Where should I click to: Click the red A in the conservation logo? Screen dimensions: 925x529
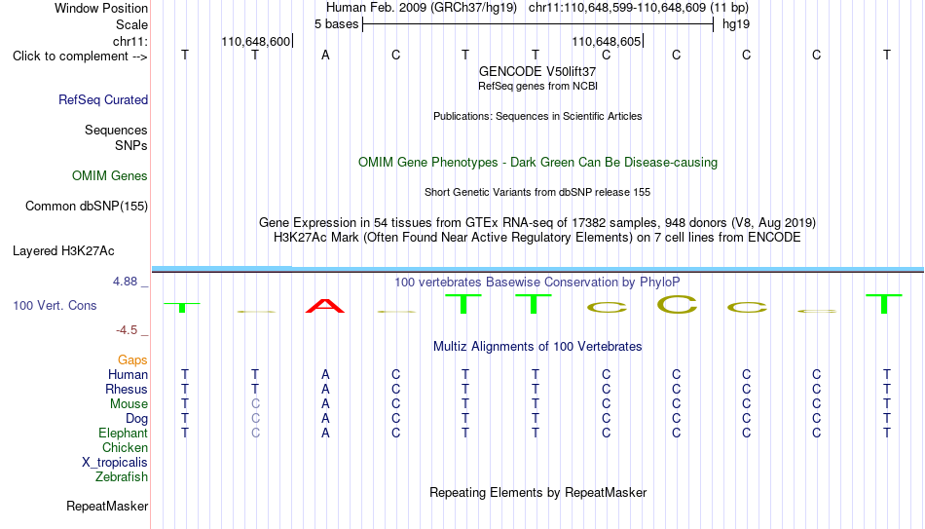point(325,306)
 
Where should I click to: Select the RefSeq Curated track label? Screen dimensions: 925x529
point(103,99)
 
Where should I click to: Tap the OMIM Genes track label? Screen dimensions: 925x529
point(110,176)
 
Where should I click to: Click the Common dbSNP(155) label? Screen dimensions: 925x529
point(87,207)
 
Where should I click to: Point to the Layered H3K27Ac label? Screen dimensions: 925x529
point(63,251)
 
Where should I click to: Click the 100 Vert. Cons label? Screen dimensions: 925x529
point(55,305)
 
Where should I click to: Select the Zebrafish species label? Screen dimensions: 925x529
point(122,476)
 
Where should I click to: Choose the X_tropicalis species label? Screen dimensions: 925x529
point(115,463)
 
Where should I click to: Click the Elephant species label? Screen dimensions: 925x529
point(123,433)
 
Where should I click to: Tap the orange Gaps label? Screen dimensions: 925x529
point(132,359)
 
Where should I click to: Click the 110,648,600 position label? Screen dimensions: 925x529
point(255,41)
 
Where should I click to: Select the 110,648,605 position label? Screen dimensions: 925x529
point(606,41)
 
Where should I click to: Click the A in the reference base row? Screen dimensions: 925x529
point(325,55)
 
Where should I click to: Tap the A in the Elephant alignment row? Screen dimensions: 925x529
point(325,433)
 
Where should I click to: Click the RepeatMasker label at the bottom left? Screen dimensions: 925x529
point(107,506)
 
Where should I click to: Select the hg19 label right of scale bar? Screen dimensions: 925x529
point(736,24)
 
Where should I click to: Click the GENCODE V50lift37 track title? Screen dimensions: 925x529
point(537,71)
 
